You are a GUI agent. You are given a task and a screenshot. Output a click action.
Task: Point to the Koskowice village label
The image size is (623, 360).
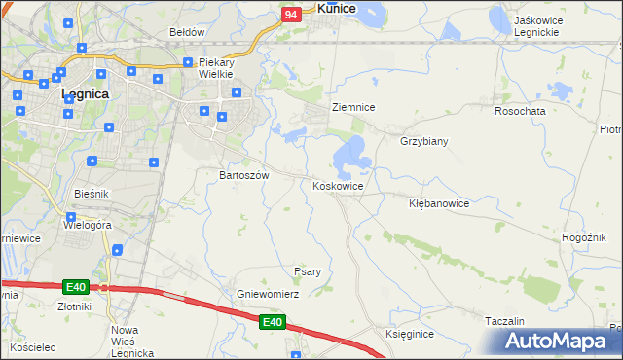(338, 186)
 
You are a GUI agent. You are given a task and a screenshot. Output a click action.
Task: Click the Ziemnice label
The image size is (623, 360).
(353, 107)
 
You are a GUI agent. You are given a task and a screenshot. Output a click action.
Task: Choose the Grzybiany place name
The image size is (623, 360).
(423, 141)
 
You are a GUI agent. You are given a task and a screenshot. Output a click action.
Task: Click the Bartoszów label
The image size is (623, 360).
(243, 175)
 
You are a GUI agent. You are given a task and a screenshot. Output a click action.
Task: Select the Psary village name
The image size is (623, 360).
(308, 271)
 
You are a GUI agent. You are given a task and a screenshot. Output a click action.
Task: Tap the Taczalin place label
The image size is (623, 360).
(505, 321)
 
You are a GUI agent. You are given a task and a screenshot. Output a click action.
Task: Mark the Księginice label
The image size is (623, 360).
(409, 334)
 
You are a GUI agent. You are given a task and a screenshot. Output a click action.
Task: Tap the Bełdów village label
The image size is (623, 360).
(187, 31)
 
